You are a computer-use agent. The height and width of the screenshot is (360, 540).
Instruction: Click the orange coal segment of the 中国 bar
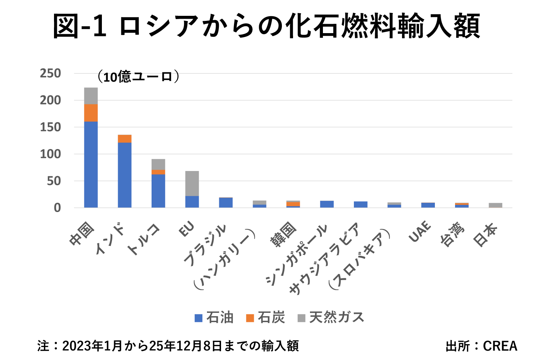(x=91, y=113)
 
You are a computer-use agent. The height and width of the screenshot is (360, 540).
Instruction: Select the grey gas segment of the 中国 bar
(x=91, y=96)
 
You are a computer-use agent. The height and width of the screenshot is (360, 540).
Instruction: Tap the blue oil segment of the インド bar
(x=125, y=175)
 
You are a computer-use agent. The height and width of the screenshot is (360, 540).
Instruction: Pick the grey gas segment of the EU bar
(x=192, y=183)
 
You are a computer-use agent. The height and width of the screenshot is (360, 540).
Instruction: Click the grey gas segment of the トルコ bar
(x=158, y=164)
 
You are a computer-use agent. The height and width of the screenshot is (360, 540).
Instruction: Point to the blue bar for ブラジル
(x=226, y=203)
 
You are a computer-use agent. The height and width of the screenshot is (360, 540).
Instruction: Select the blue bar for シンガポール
(x=327, y=204)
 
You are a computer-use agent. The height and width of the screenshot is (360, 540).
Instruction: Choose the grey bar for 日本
(x=495, y=205)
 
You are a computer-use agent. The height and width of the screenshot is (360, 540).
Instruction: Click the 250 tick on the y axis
(x=50, y=73)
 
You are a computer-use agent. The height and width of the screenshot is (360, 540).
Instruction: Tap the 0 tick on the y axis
(x=57, y=208)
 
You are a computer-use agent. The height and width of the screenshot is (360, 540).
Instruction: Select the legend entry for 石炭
(x=266, y=318)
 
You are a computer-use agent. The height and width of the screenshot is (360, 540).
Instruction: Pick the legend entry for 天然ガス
(x=331, y=318)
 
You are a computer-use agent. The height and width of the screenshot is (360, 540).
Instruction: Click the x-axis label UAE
(x=420, y=231)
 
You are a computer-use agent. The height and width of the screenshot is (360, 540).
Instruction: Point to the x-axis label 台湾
(x=453, y=235)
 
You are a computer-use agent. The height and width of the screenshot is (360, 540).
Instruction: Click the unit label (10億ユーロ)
(x=138, y=77)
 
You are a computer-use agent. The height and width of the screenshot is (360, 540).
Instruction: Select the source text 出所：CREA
(x=481, y=346)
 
